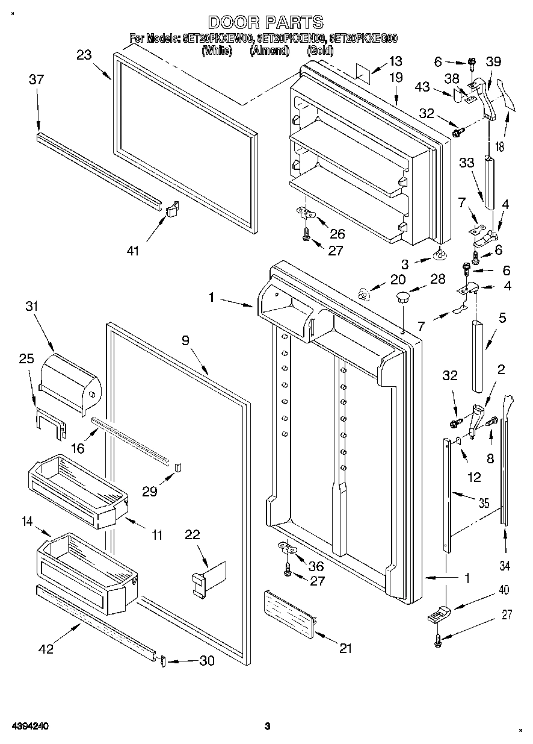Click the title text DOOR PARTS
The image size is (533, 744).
(x=266, y=23)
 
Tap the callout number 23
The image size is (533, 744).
(x=84, y=55)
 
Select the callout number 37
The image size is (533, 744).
(x=36, y=80)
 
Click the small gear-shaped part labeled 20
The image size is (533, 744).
(x=363, y=293)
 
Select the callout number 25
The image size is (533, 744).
(x=26, y=358)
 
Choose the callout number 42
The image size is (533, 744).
(x=46, y=649)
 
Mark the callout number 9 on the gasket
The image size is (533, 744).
(x=186, y=340)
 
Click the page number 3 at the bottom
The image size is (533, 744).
(x=267, y=727)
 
